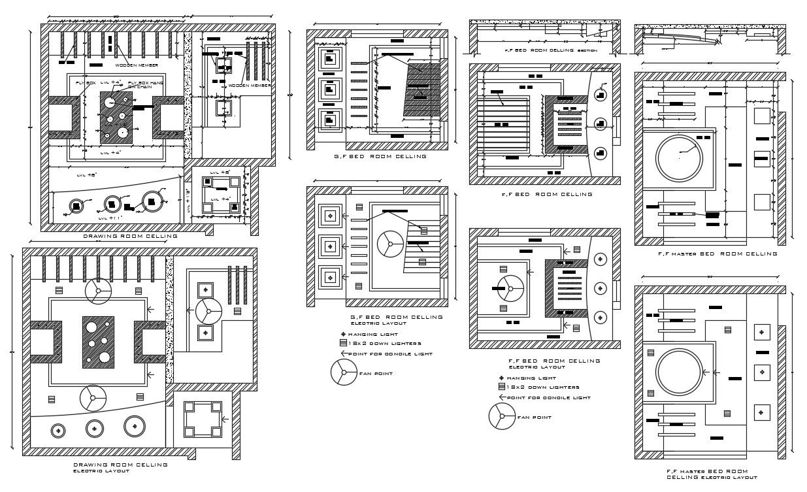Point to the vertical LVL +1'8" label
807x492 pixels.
point(188,199)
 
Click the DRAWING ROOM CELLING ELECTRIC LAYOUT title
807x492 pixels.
point(120,467)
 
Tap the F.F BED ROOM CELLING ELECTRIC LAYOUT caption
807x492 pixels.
point(553,363)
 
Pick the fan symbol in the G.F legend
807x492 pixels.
point(343,372)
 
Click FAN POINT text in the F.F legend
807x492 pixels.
point(534,417)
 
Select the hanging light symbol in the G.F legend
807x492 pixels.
point(342,334)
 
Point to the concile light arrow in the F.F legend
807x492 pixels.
point(502,397)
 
